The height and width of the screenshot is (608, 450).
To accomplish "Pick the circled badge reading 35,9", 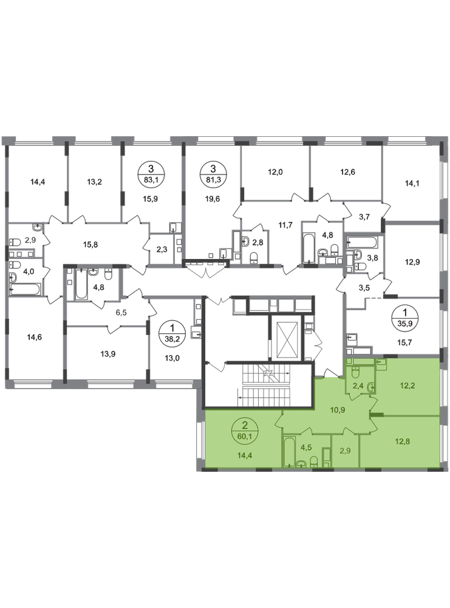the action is pos(404,317).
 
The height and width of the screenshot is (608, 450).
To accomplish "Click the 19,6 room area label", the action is pos(213,199).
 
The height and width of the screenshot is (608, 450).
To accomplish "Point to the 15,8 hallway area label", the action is pos(90,244).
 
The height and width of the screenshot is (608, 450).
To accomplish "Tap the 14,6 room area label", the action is pos(34,337).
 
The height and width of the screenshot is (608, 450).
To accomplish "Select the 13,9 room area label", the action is pos(107,354).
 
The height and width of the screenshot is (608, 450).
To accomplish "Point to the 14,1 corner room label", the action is pos(412,183).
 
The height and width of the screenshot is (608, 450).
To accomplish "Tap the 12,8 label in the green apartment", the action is pos(403,441).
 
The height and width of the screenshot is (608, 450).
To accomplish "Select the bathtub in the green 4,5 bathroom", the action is pos(289,452).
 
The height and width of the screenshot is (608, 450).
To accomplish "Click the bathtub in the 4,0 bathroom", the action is pos(25,288).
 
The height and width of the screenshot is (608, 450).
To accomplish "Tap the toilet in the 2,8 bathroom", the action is pos(254,257).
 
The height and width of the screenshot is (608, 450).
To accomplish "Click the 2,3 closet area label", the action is pos(162,250).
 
